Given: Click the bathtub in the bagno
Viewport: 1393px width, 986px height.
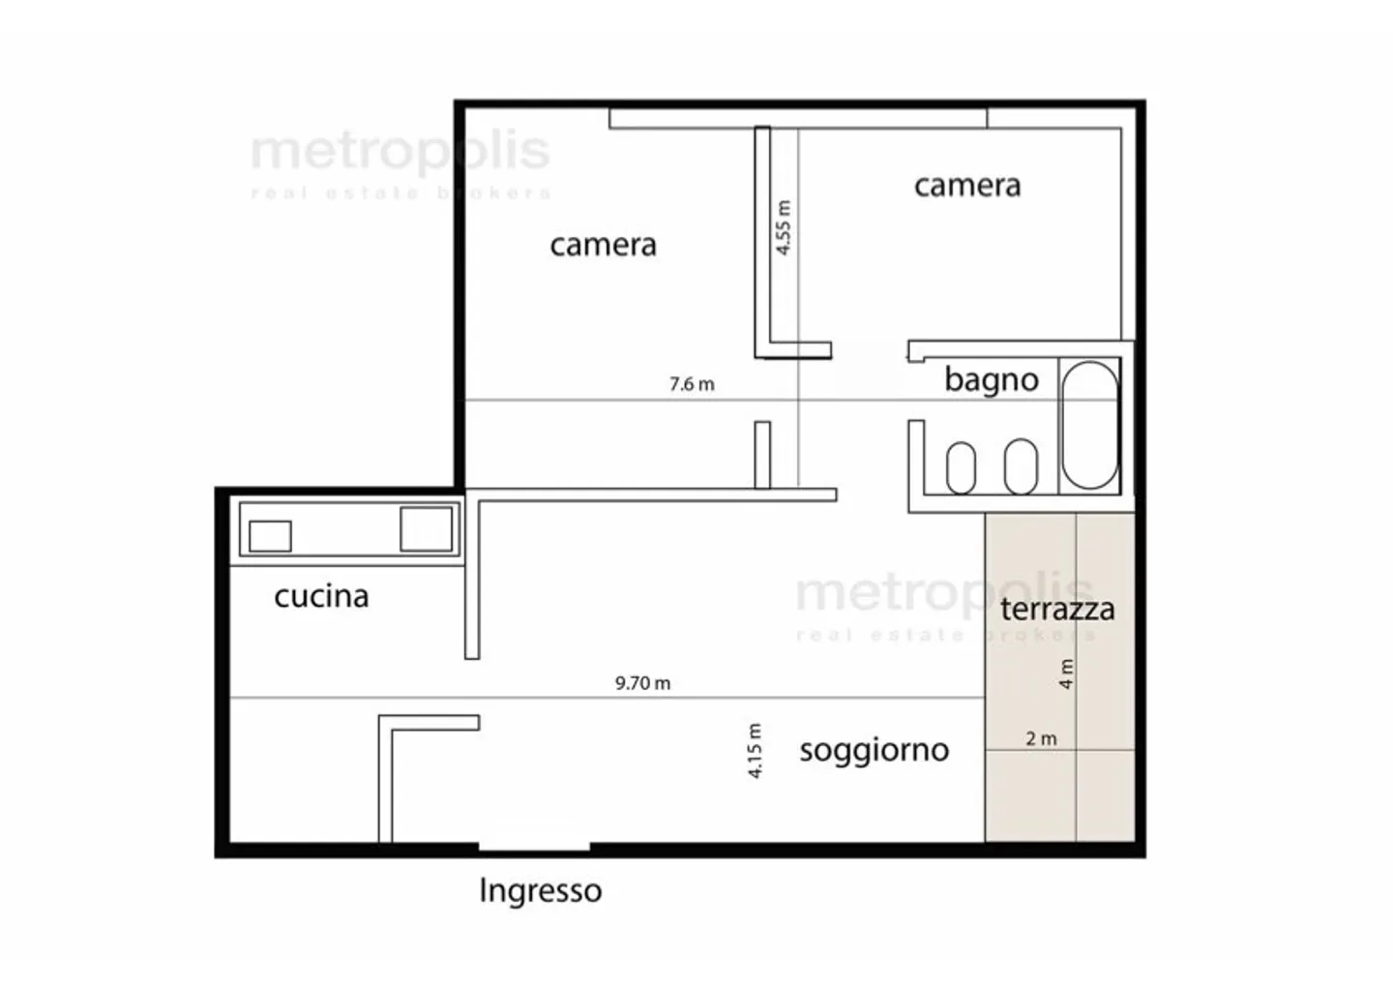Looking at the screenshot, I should point(1089,426).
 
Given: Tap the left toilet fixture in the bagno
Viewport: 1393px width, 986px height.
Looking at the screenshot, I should point(961,467).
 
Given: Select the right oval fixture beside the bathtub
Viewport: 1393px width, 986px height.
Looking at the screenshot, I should point(1021,466).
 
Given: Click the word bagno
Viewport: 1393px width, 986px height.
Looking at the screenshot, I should point(992,380).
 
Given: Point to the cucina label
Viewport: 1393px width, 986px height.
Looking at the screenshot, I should point(321,596).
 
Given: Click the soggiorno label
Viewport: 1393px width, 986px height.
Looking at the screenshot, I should point(874,750).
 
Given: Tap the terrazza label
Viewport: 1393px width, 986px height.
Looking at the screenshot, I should point(1057,609).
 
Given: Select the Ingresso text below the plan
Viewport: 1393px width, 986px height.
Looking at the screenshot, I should point(540,890).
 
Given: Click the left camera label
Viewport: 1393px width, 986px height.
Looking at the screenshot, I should point(603,245).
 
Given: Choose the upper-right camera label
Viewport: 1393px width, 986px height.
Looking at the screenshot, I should point(967,185).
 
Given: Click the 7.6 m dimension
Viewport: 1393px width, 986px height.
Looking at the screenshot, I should point(692,384).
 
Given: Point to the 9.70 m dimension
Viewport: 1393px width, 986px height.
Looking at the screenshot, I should point(642,683).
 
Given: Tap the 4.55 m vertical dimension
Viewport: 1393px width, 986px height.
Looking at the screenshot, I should point(784,227).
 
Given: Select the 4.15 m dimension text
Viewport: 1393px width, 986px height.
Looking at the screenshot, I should point(756,751).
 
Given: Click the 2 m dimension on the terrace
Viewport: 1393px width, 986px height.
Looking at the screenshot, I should point(1041,739).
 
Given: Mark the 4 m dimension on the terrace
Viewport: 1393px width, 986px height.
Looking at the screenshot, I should point(1066,673).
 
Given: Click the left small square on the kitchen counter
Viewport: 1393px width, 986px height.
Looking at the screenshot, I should point(270,536).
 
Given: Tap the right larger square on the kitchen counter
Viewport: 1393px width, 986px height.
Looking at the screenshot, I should point(427,529).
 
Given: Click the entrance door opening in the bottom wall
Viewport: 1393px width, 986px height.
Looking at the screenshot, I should point(534,848).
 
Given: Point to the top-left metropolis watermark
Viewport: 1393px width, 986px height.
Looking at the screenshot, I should point(400,153).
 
